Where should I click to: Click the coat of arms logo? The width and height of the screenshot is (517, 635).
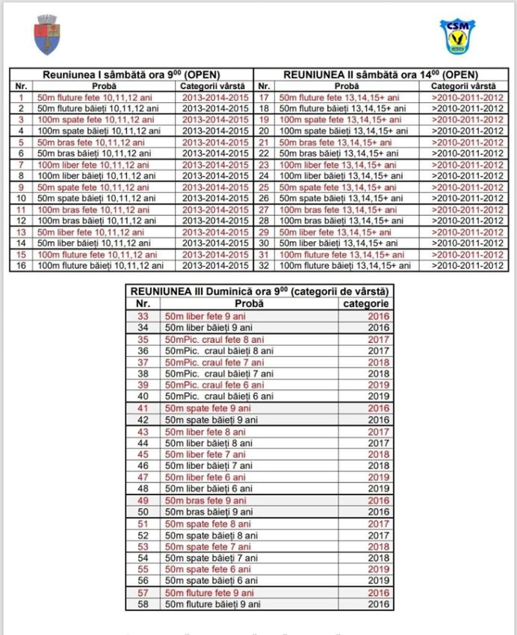coord(49,35)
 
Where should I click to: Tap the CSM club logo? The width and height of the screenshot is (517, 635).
coord(457,36)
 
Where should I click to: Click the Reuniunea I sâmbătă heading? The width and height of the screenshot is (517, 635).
coord(131,75)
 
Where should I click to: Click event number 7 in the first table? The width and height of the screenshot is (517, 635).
coord(21,164)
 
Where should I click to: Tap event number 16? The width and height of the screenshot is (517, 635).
coord(21,265)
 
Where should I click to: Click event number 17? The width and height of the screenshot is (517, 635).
coord(263,97)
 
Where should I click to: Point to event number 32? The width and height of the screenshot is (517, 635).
coord(263,265)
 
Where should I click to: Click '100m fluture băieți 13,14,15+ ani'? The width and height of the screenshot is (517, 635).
coord(344,265)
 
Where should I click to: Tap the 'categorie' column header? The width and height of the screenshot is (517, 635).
coord(365,304)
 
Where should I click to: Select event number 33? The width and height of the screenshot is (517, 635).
coord(143,316)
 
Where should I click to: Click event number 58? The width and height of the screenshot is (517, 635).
coord(143,604)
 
